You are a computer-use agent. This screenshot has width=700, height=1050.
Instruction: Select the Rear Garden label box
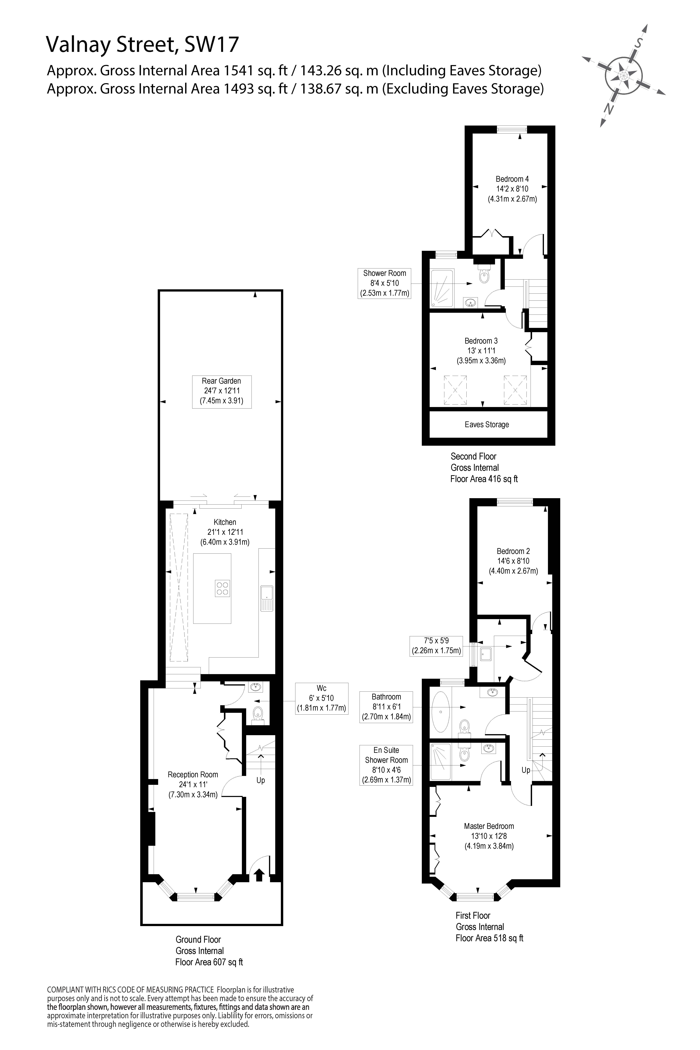[x=221, y=391]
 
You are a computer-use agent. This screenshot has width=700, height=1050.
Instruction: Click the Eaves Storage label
[x=487, y=425]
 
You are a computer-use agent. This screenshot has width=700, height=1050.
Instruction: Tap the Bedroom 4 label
[x=512, y=189]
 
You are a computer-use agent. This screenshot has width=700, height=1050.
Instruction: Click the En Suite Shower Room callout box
[x=386, y=765]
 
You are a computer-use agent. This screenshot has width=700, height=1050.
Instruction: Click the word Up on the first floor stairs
[x=526, y=770]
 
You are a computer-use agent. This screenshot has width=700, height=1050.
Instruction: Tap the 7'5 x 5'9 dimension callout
[x=436, y=646]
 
